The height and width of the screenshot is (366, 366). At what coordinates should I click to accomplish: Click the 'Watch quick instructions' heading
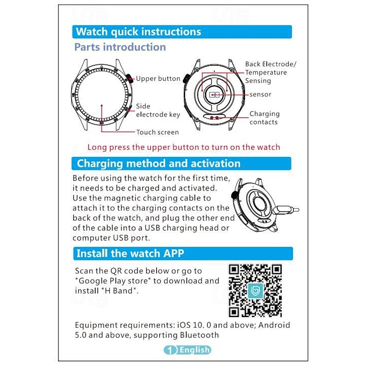(x=139, y=32)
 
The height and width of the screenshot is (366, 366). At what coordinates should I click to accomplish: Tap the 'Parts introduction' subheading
(x=120, y=47)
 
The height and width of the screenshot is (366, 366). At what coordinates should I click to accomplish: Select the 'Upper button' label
(x=158, y=79)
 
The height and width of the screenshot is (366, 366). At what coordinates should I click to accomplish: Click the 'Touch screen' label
(x=157, y=132)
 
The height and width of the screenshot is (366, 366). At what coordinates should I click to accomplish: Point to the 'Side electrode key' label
(x=158, y=110)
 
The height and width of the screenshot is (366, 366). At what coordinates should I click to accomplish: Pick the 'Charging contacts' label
(x=264, y=118)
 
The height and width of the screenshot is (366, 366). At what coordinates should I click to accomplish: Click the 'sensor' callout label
(x=260, y=95)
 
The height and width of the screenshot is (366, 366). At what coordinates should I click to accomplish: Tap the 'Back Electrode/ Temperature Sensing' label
(x=270, y=72)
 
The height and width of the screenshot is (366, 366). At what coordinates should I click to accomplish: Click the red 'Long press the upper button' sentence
(x=184, y=147)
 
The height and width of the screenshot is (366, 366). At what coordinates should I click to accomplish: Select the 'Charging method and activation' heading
(x=158, y=163)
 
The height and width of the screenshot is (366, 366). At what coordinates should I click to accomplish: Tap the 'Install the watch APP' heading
(x=130, y=253)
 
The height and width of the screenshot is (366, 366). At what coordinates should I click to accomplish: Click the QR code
(x=255, y=291)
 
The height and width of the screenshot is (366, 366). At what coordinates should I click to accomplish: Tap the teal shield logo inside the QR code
(x=255, y=291)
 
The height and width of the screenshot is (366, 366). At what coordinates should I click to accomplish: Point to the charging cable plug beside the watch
(x=287, y=209)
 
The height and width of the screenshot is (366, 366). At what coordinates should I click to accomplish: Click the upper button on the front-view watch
(x=129, y=78)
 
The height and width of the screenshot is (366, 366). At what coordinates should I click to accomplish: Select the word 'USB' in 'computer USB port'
(x=121, y=238)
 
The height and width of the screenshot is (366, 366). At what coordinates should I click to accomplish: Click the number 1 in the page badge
(x=170, y=350)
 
